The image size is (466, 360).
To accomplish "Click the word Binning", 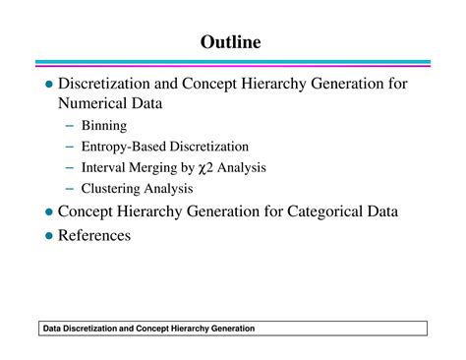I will coord(105,126).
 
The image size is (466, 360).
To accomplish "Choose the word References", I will coord(94,235).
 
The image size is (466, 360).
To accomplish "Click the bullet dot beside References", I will coord(48,236).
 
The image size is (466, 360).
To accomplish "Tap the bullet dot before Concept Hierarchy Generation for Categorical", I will coord(48,211).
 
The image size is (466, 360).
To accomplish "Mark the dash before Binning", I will coord(71,126).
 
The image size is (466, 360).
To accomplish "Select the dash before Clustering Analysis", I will coord(71,189).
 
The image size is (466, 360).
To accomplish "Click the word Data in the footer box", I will coord(56,328).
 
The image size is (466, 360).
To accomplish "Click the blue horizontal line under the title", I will coord(232,63).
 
